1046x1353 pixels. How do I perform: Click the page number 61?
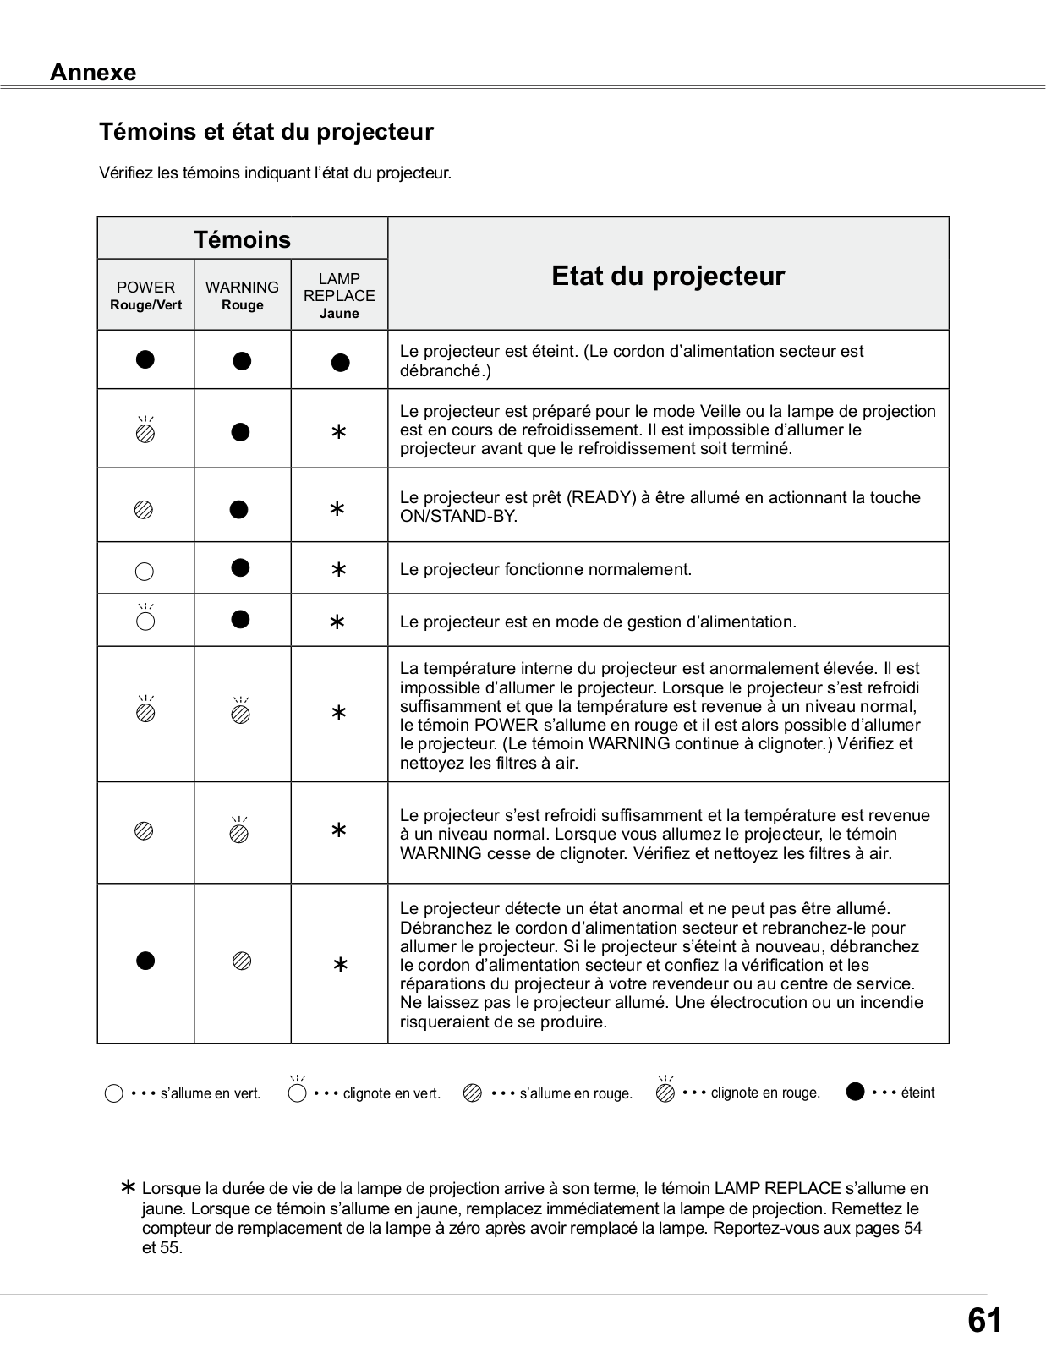984,1320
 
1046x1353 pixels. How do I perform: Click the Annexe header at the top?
93,73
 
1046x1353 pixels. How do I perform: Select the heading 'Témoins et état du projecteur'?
266,132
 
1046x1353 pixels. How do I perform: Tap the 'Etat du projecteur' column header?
668,276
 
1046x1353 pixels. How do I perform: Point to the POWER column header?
145,288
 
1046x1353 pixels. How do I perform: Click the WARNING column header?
242,288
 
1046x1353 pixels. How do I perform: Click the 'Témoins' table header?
242,239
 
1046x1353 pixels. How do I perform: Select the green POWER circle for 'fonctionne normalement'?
145,572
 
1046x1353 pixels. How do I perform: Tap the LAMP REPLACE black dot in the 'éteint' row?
340,363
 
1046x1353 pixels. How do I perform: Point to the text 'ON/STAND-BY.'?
458,516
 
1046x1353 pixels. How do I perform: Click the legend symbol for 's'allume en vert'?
114,1093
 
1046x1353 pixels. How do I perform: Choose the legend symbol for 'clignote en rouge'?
665,1093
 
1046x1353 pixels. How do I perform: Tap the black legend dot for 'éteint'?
856,1092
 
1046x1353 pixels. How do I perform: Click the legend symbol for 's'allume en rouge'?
473,1093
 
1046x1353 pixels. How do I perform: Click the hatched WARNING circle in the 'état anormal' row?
242,961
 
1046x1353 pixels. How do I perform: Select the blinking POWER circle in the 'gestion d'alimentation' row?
145,622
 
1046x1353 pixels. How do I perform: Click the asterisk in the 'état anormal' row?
340,965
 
